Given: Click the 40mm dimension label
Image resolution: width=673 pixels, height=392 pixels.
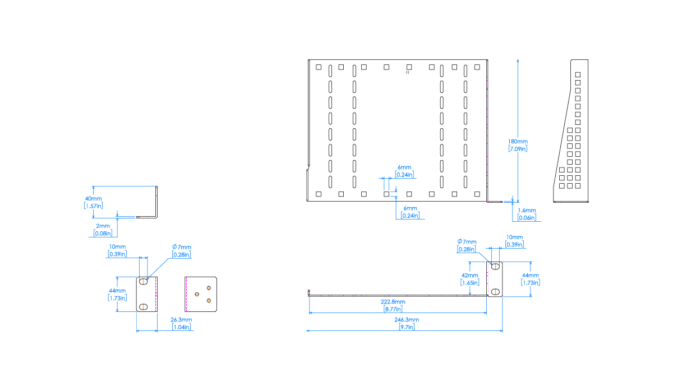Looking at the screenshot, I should [x=94, y=199].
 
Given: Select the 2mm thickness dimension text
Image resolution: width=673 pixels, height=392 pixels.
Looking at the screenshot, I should [x=103, y=226].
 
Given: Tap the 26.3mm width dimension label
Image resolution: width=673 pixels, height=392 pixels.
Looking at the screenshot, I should [x=181, y=320].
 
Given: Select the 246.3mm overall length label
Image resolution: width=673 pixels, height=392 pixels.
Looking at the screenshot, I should [x=407, y=320].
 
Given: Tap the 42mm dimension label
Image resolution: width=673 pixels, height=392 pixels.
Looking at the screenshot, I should [x=470, y=276].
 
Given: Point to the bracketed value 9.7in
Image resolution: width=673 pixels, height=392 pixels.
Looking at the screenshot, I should [x=407, y=327].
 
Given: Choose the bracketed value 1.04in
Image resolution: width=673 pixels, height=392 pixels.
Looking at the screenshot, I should [x=181, y=327].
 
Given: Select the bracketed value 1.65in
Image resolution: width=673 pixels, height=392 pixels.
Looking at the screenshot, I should [x=470, y=282].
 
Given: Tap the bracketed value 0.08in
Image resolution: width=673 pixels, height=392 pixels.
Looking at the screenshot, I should [x=103, y=233].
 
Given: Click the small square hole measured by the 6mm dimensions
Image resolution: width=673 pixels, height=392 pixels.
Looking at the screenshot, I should [x=386, y=194].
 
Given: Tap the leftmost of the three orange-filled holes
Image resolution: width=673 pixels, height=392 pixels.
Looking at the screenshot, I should [x=196, y=293].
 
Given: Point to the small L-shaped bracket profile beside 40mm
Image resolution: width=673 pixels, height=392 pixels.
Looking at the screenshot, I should [x=155, y=202].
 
